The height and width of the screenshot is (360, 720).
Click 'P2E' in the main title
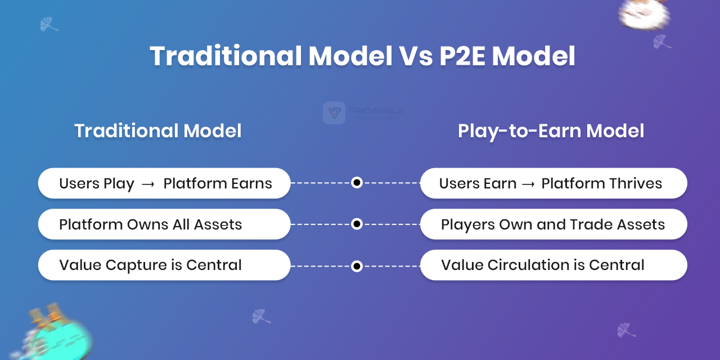coord(462,56)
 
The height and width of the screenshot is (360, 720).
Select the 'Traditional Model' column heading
coord(158,130)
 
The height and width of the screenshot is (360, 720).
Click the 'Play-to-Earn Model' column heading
coord(551,131)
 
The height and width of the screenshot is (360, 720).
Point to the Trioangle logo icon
coord(334,113)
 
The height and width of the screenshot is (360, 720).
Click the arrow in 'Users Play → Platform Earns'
coord(148,184)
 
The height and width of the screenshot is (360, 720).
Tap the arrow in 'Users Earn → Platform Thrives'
coord(529,184)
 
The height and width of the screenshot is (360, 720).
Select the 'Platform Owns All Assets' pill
coord(164,224)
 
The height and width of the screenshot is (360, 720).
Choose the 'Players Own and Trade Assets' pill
coord(553,224)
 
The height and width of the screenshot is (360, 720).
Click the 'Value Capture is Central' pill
coord(164,265)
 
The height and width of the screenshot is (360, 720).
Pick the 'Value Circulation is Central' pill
coord(553,265)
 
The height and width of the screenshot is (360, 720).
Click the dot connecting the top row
coord(357,183)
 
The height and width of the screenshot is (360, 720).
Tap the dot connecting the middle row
coord(357,224)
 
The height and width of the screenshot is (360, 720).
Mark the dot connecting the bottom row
coord(357,266)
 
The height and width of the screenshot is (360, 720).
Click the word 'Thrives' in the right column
coord(635,183)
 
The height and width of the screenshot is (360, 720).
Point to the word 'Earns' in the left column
coord(251,183)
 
